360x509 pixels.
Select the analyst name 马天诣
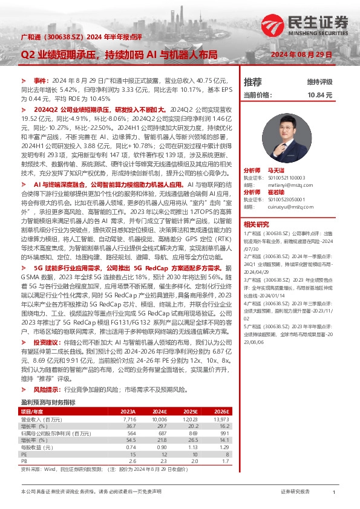[x=275, y=171]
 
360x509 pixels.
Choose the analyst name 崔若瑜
[x=275, y=191]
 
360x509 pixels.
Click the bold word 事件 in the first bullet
[x=40, y=80]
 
